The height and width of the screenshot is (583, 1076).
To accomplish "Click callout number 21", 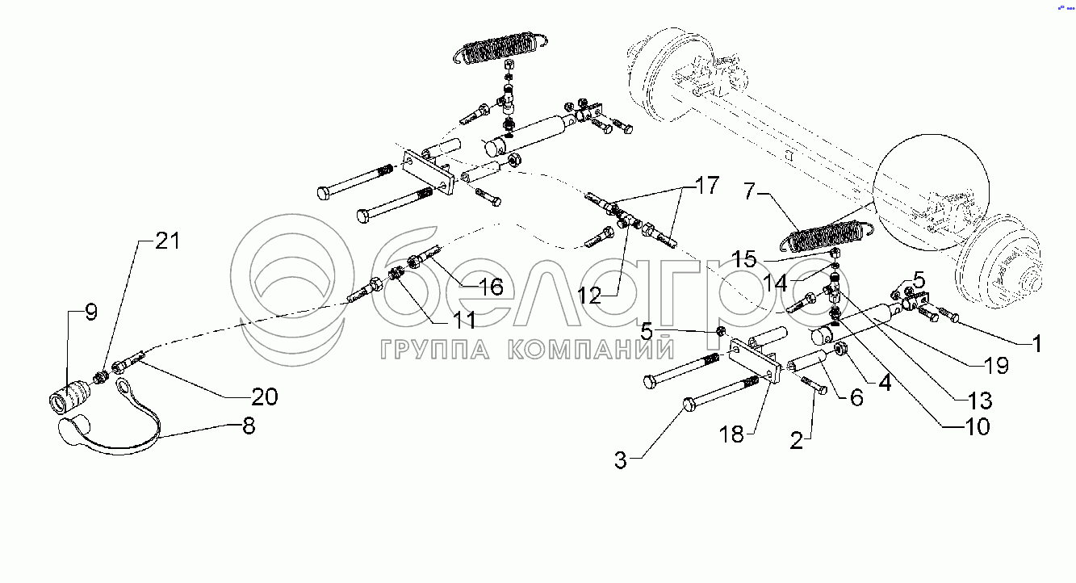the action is pos(168,241).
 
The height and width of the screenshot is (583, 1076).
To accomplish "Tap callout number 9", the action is pos(90,312).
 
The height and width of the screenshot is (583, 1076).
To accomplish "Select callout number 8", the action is pos(249,426).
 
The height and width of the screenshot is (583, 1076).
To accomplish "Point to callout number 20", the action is pos(264,396).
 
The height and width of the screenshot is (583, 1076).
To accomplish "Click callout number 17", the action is pos(706,187).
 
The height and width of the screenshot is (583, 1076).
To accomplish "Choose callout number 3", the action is pos(620,461).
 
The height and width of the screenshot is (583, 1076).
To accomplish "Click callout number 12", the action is pos(590,296).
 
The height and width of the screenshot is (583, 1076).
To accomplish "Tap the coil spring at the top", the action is pos(500,48).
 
